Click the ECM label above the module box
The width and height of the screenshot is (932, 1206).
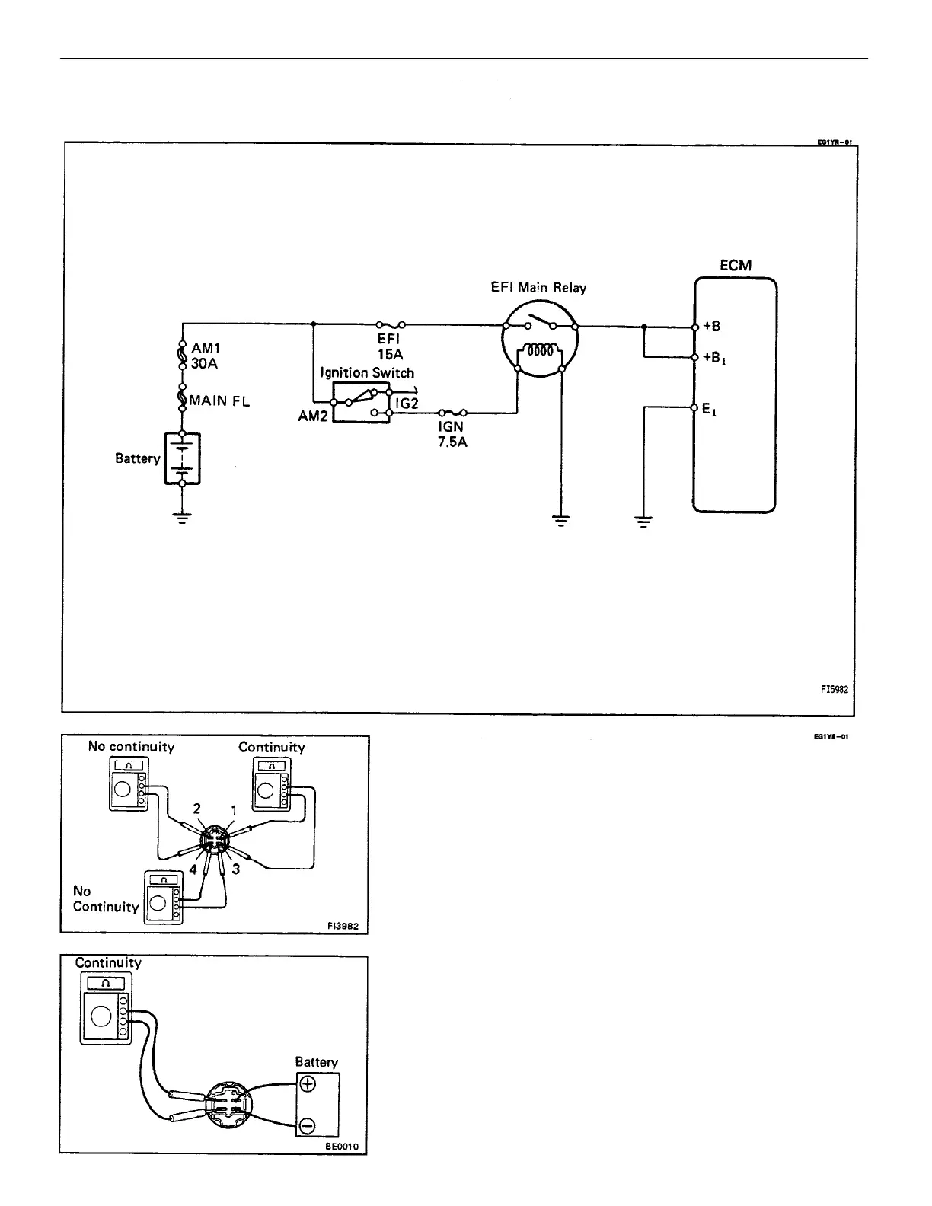pos(735,266)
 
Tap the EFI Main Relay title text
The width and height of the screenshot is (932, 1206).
pos(539,288)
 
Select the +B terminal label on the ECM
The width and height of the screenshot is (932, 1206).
pos(712,327)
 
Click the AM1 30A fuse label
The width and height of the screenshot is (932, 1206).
pos(204,356)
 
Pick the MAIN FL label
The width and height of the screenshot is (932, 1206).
pos(219,400)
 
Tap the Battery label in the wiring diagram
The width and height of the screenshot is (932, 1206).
pos(138,458)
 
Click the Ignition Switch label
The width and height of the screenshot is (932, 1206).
pos(367,373)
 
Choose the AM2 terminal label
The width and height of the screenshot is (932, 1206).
pos(312,417)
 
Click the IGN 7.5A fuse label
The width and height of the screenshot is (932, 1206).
pos(452,434)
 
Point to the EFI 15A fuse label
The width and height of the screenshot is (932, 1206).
pos(390,346)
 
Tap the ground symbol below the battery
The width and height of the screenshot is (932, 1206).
pos(182,518)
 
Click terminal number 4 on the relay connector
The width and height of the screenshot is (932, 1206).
pos(193,869)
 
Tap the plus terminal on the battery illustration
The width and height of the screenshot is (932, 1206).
pos(308,1084)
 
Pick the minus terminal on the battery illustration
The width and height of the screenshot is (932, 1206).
pos(308,1125)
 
